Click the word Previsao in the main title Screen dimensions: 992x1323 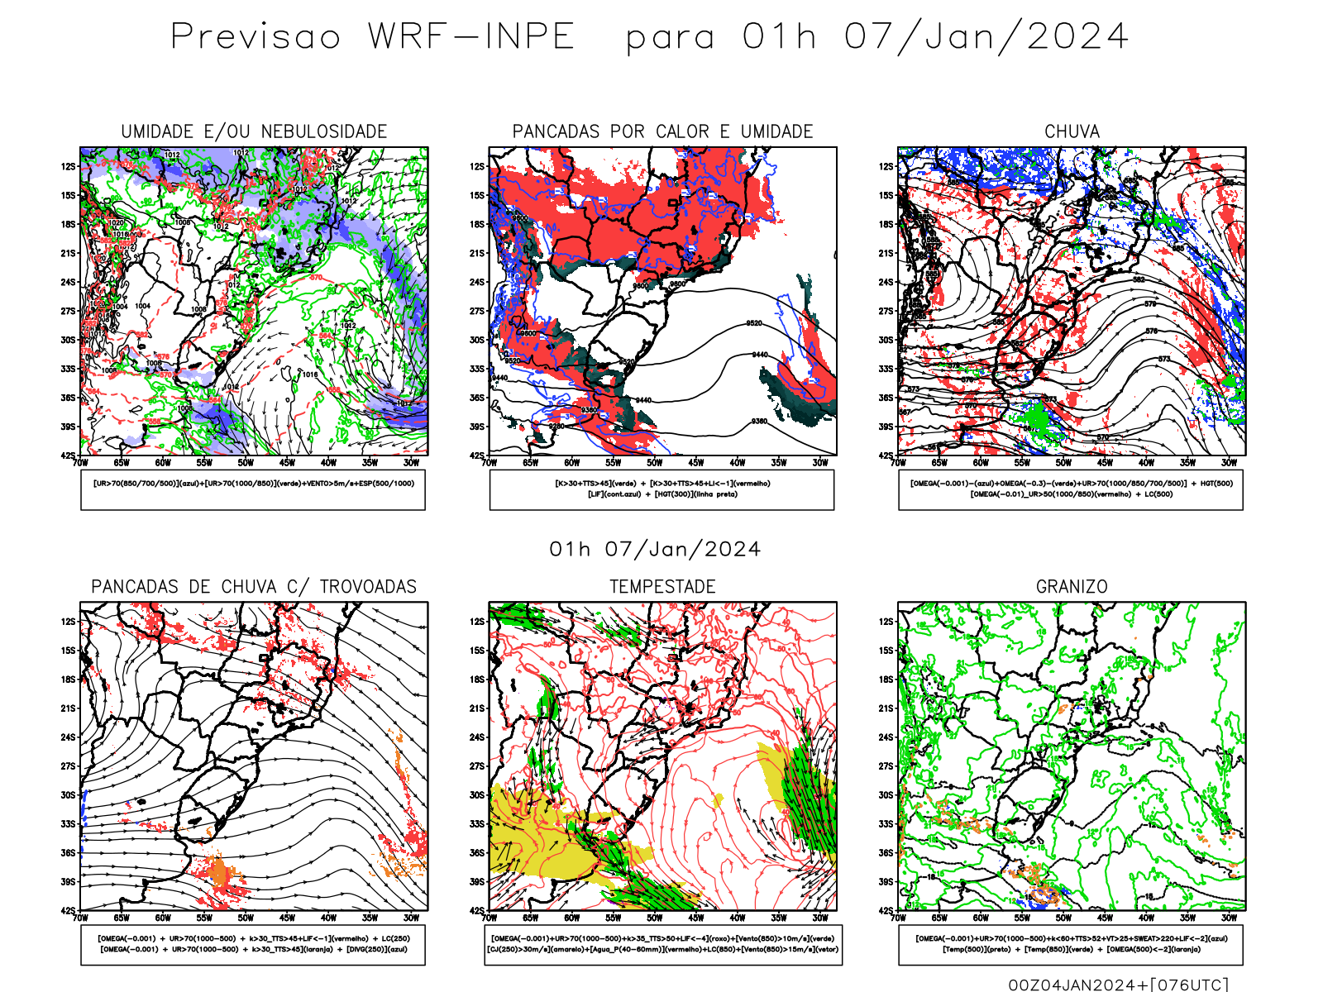point(256,37)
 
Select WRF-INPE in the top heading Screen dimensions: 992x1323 point(471,37)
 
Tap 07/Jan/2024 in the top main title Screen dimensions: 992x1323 point(986,37)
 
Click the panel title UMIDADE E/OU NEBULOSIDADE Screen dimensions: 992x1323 point(254,131)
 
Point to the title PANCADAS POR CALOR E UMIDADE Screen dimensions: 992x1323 point(662,131)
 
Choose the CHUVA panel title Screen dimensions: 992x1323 point(1072,131)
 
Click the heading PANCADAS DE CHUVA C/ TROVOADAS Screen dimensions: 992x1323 point(254,587)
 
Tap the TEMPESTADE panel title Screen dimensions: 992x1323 point(662,587)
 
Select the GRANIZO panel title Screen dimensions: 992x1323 point(1072,587)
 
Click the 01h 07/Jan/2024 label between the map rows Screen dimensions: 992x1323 point(655,550)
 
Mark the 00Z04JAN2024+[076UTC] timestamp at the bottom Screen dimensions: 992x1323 point(1118,985)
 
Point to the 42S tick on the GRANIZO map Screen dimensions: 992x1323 point(886,910)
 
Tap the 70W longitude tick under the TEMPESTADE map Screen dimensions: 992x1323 point(490,918)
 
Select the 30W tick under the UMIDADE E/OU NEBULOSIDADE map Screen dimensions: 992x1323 point(411,463)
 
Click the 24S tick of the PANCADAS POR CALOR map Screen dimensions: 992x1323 point(477,283)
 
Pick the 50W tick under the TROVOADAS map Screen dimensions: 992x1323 point(246,918)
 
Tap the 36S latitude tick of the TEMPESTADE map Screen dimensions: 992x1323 point(477,853)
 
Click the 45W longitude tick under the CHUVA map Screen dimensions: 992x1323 point(1105,463)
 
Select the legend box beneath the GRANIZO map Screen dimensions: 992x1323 point(1071,944)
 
